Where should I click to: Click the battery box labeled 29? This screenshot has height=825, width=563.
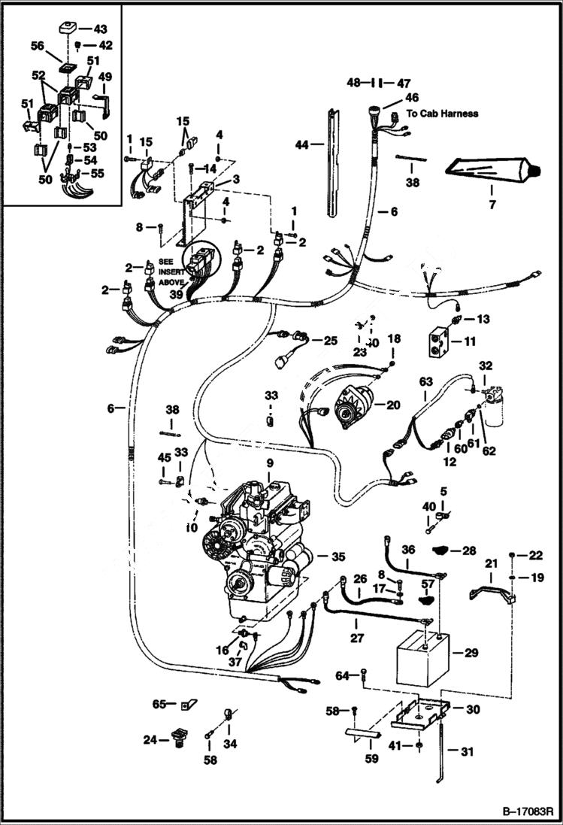pyautogui.click(x=422, y=658)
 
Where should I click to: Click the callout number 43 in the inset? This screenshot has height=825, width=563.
pyautogui.click(x=100, y=29)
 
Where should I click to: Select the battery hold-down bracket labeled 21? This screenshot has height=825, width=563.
pyautogui.click(x=492, y=587)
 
